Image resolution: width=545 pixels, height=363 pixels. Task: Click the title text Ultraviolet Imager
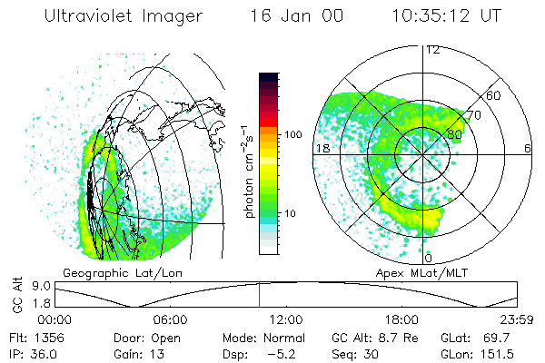coord(128,16)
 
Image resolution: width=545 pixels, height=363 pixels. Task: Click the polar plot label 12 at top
coord(432,50)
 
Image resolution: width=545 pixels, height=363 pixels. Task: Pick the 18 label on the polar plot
coord(321,147)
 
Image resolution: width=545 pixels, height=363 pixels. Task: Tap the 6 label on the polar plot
coord(528,147)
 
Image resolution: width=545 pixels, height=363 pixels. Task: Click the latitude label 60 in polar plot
coord(495,95)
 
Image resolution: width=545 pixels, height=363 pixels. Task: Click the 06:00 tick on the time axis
coord(170,319)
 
